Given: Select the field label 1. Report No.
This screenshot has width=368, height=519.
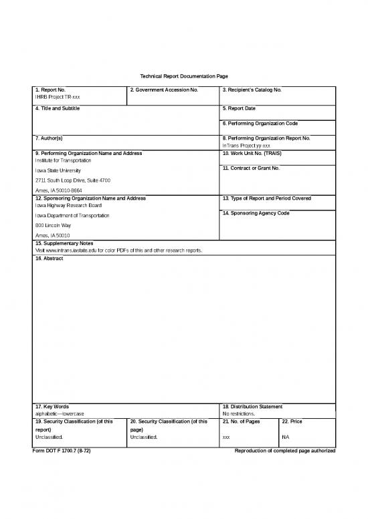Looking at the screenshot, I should [50, 89].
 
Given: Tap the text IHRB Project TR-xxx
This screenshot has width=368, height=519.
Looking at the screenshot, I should [58, 97].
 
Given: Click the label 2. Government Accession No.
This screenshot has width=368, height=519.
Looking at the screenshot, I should [164, 89].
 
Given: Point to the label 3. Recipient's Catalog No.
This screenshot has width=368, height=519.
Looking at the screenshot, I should [252, 89].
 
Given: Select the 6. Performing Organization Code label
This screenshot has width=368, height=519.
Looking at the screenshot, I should [260, 124].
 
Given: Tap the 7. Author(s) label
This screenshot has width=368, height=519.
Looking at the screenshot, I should [49, 138].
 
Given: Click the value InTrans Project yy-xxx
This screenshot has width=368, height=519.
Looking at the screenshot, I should [246, 146].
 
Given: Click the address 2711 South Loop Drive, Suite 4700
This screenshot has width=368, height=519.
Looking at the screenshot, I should [72, 181].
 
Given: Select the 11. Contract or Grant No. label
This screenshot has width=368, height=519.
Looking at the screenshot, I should [250, 168].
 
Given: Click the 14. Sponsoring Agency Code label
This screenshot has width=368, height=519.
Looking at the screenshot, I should [256, 212].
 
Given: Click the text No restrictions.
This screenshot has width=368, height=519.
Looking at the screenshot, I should [238, 414].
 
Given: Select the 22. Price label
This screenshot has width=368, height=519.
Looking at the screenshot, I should [293, 421].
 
